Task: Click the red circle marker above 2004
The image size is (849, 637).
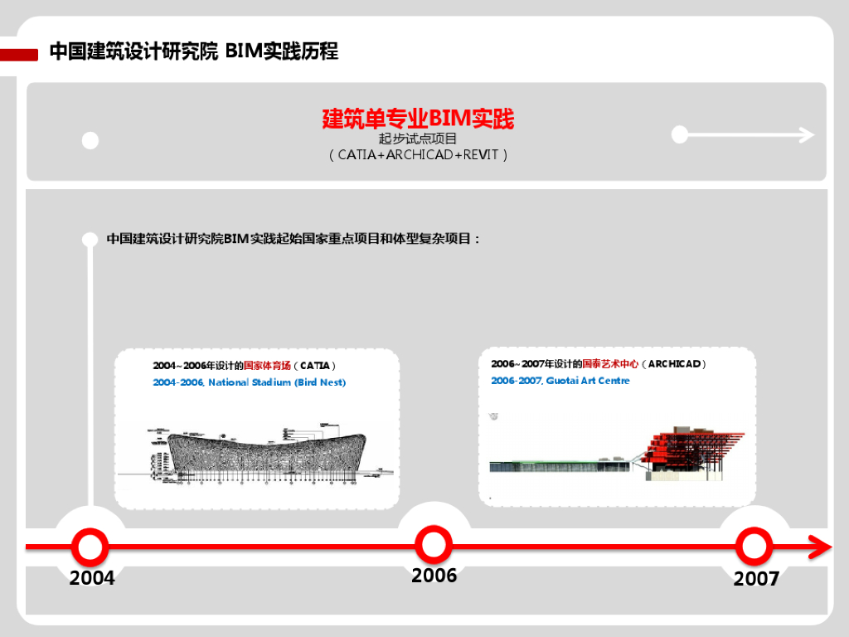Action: point(90,547)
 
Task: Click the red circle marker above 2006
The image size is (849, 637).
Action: point(433,545)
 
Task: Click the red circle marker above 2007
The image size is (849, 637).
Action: point(754,547)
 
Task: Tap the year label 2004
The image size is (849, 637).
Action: point(92,578)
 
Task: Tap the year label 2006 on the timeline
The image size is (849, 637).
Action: point(434,576)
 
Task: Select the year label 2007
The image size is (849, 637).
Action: point(756,579)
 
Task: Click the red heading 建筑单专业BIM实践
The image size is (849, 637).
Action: point(418,119)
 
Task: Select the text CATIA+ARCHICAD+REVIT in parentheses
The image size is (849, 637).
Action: point(418,155)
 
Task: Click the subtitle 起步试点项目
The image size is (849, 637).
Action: point(418,139)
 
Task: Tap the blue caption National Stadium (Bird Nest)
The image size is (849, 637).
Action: point(250,382)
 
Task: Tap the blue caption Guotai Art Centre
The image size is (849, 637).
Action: point(560,381)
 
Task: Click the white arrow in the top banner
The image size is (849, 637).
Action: point(746,134)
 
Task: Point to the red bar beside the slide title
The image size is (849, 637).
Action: point(19,55)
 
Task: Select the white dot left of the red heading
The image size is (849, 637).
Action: point(90,140)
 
